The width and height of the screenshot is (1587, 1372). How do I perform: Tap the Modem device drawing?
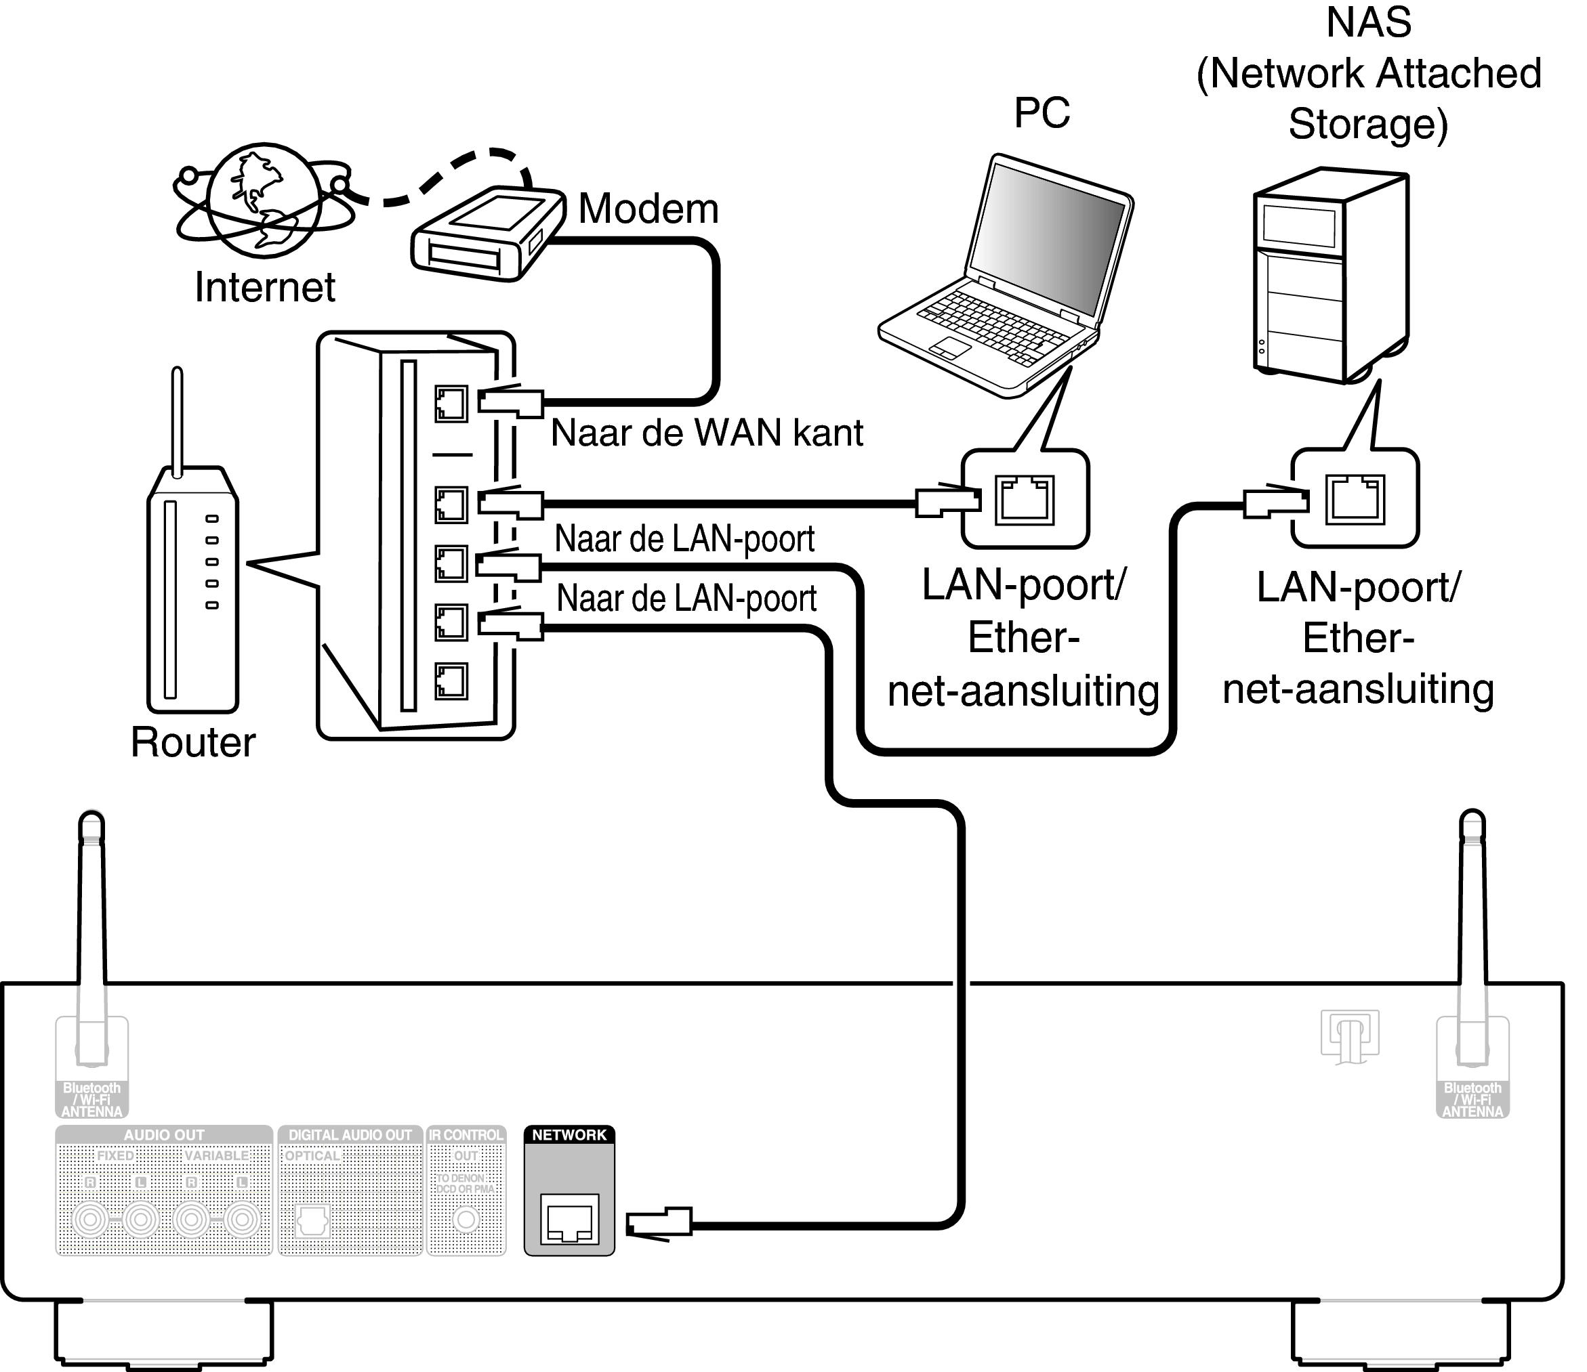(487, 234)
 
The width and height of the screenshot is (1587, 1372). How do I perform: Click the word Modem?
(648, 209)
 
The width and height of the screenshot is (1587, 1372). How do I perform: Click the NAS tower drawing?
(1331, 276)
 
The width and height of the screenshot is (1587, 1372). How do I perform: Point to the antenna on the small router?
(178, 421)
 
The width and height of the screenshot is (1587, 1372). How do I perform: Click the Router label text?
(193, 742)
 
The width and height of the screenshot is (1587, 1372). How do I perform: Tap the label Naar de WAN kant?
(706, 433)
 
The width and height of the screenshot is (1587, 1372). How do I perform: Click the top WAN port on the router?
(451, 404)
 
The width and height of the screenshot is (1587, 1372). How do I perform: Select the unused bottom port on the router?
(451, 681)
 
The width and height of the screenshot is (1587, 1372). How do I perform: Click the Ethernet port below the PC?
(1024, 500)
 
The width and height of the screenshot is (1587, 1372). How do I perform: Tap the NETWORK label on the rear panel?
(569, 1135)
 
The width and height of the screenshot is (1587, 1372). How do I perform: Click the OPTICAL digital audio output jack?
(312, 1220)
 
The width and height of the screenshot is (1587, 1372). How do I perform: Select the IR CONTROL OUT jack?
(466, 1219)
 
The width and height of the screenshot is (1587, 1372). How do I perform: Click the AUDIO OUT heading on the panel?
(164, 1135)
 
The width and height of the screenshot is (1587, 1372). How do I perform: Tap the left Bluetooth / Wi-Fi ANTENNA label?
(92, 1100)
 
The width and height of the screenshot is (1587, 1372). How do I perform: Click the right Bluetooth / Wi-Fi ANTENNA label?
(1472, 1100)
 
